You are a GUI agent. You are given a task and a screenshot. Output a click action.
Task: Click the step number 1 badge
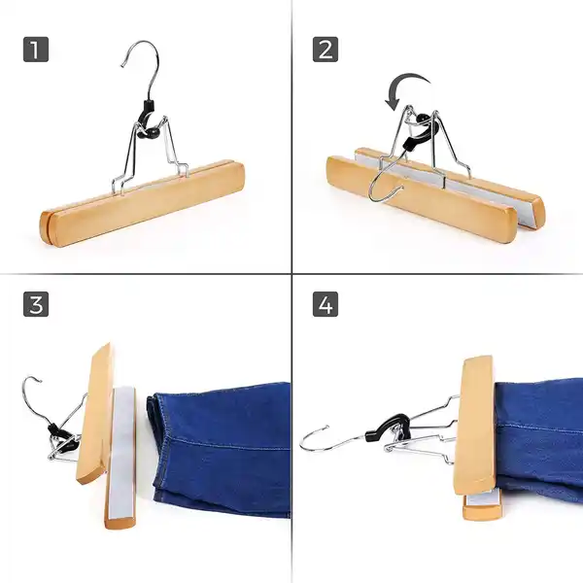(x=36, y=50)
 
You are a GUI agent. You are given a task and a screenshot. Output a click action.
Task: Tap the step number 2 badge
(x=326, y=50)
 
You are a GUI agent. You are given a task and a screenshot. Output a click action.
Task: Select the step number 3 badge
(x=36, y=304)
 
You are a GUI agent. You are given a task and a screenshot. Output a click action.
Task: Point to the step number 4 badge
(x=326, y=304)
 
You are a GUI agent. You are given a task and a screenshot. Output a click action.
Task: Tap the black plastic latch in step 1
(x=146, y=120)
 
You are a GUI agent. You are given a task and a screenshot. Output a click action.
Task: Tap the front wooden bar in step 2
(x=420, y=199)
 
